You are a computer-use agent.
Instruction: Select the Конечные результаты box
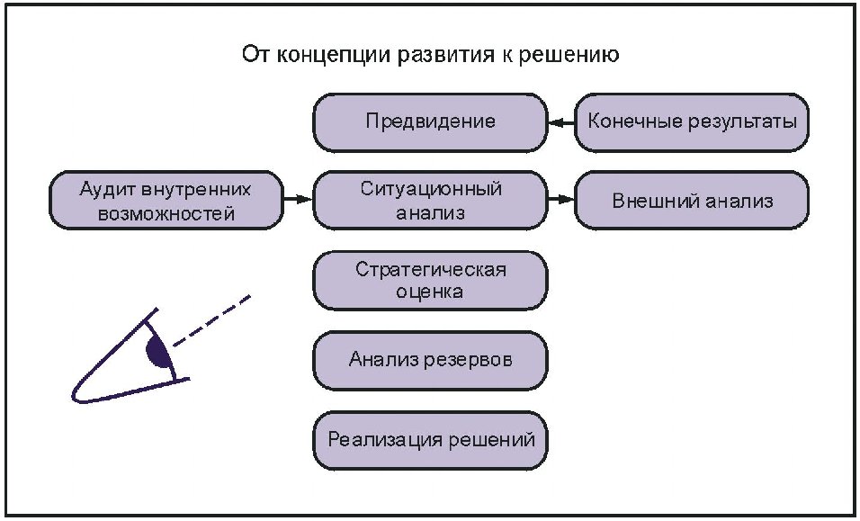pos(691,121)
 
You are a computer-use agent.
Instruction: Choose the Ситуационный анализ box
pos(430,201)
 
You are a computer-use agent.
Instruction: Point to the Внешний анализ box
pos(691,201)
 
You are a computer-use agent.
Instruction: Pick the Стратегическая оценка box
pos(430,280)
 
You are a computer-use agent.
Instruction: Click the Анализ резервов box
pos(430,360)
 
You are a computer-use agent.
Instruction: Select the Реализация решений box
pos(430,440)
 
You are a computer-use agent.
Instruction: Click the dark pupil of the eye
pos(158,352)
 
